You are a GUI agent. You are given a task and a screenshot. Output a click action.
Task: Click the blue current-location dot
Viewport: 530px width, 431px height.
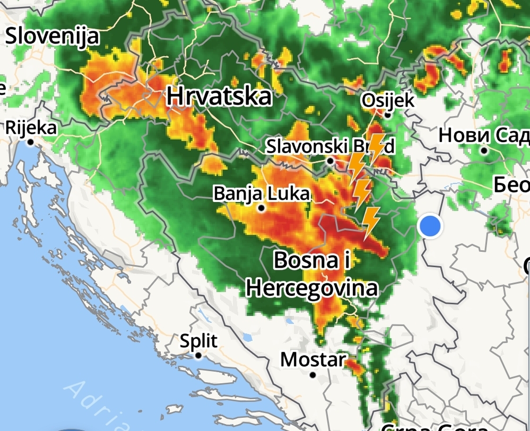pos(430,226)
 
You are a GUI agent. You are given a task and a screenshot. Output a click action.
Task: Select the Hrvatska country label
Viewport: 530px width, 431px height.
pos(219,97)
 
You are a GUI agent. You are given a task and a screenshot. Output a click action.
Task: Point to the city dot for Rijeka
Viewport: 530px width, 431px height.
pos(31,142)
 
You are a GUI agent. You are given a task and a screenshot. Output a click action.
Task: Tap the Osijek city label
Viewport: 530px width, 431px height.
pos(387,100)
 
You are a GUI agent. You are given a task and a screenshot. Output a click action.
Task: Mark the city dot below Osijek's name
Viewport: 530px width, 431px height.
pos(388,115)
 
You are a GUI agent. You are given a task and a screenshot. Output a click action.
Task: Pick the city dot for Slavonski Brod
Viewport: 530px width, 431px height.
pos(330,160)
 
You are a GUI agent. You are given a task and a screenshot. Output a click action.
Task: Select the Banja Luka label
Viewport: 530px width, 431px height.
pos(261,193)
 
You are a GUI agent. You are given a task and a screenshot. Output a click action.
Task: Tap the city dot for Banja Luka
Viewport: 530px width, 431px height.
pos(261,208)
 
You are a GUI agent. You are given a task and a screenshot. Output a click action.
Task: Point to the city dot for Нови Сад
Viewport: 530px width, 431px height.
pos(484,151)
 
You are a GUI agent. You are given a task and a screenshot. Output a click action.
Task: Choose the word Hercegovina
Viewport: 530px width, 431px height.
pos(312,288)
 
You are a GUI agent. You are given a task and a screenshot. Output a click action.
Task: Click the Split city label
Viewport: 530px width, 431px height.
pos(198,341)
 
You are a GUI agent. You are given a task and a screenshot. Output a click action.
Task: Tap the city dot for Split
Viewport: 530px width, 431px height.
pos(198,355)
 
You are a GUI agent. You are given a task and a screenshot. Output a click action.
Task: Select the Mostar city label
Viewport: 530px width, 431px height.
pos(313,359)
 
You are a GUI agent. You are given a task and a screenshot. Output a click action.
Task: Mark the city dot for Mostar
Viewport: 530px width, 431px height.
pos(313,375)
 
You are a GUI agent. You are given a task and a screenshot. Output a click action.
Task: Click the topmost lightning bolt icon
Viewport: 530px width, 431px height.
pos(377,148)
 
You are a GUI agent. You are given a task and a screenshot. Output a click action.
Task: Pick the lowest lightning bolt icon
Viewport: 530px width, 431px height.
pos(370,223)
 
